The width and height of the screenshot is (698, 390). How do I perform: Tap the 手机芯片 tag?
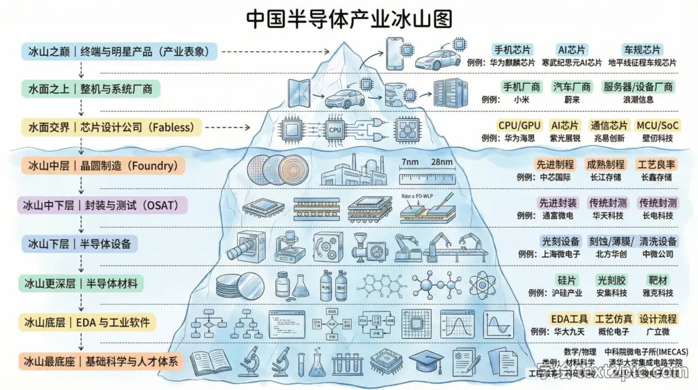coord(512,50)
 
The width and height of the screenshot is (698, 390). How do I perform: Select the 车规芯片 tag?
coord(641,50)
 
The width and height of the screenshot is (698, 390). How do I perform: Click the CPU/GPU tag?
coord(519,125)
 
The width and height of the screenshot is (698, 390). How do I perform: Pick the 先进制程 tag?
coord(553,164)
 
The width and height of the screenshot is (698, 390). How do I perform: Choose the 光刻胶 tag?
coord(611,280)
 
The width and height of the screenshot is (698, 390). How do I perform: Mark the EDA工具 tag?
coord(569,319)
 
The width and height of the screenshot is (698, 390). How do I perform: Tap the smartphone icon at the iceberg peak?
coord(395,52)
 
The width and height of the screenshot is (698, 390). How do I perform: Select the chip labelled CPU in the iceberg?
coord(335,128)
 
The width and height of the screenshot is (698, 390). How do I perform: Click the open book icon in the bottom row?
coord(209,362)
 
